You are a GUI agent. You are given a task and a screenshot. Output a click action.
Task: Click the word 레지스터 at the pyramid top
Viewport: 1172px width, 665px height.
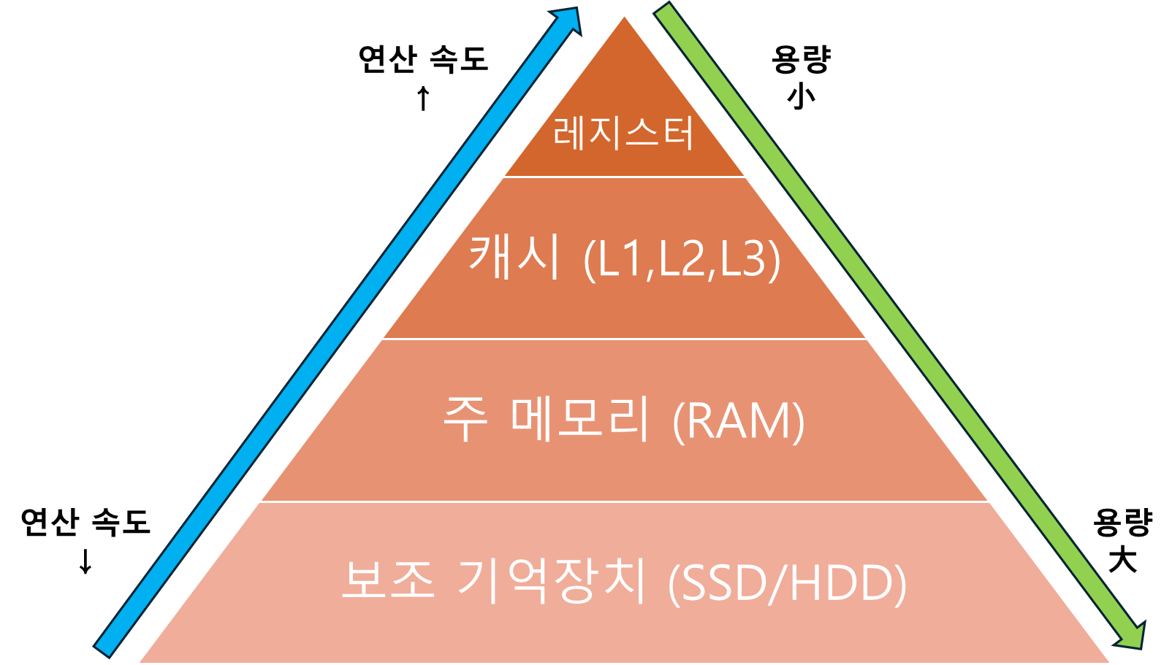[x=623, y=134]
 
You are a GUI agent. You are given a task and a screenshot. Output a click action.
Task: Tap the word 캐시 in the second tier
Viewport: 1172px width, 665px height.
[x=514, y=257]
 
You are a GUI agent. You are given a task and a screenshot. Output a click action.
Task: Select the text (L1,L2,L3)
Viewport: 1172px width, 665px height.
[x=682, y=260]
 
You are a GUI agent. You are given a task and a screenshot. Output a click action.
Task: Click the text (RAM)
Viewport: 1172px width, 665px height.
[x=738, y=422]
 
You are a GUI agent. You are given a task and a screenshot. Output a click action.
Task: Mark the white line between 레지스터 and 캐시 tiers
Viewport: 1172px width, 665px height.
[x=624, y=177]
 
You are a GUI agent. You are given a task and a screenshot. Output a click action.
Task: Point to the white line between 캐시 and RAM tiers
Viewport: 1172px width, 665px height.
[x=624, y=339]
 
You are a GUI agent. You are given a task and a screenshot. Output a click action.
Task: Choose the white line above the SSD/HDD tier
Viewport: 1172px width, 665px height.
[x=624, y=501]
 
